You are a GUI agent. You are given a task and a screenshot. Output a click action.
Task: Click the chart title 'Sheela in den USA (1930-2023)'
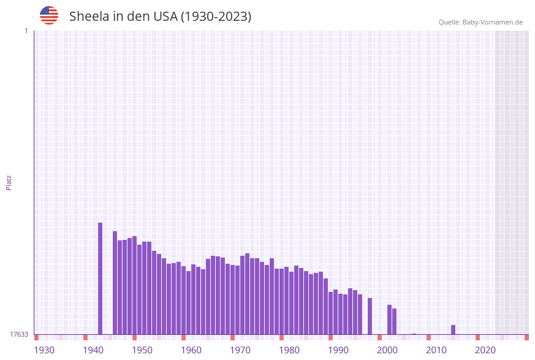(160, 17)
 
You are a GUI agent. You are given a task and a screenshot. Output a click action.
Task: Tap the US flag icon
(49, 15)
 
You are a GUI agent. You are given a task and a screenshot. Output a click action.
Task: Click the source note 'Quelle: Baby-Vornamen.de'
(480, 22)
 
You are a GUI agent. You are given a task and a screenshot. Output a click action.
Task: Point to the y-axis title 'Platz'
(9, 182)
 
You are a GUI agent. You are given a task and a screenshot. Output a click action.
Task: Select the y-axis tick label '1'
(26, 31)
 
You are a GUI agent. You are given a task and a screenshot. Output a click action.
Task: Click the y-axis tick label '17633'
(19, 334)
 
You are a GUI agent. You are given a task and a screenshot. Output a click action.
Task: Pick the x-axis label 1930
(44, 350)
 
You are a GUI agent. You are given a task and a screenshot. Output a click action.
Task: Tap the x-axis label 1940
(93, 350)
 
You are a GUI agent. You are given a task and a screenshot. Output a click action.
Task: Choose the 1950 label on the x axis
(142, 350)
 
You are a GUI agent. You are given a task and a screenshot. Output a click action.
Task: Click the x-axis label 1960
(191, 350)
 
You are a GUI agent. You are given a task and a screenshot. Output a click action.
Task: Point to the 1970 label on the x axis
(240, 350)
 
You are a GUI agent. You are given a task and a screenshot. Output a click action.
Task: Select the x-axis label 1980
(289, 350)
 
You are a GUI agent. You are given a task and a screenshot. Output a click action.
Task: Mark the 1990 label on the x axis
(338, 350)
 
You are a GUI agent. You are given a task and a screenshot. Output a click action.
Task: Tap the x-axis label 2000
(387, 350)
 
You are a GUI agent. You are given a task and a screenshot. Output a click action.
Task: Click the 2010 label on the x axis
(436, 350)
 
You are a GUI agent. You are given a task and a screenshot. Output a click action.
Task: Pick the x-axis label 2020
(485, 350)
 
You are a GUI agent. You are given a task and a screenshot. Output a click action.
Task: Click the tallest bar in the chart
(101, 278)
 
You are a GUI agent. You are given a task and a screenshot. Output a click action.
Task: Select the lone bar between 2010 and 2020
(453, 330)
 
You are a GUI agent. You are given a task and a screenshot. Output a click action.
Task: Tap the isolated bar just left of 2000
(370, 316)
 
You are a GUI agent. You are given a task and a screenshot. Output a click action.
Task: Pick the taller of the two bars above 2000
(389, 320)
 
